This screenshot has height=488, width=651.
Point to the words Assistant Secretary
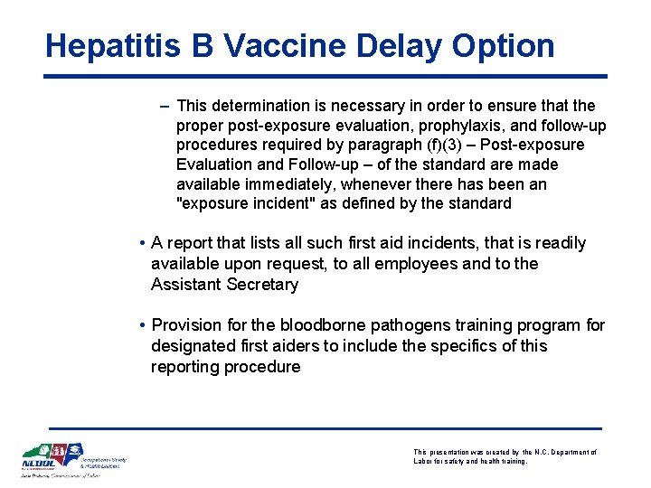pos(224,285)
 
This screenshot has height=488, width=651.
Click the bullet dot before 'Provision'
pos(143,325)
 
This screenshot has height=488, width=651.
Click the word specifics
pos(467,346)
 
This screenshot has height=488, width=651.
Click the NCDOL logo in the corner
pos(52,459)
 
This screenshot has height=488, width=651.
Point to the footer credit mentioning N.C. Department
pos(505,456)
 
